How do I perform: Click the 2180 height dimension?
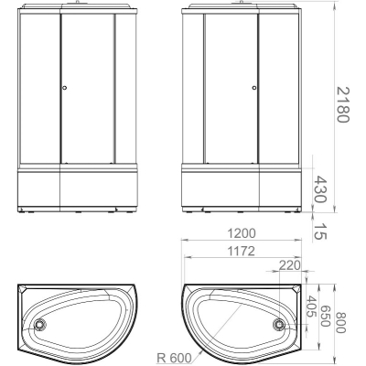342,104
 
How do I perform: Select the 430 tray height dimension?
320,189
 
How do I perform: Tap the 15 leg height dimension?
320,231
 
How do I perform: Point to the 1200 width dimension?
242,233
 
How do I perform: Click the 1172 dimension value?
241,251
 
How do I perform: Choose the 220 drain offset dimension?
290,265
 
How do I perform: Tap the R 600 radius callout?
174,357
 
